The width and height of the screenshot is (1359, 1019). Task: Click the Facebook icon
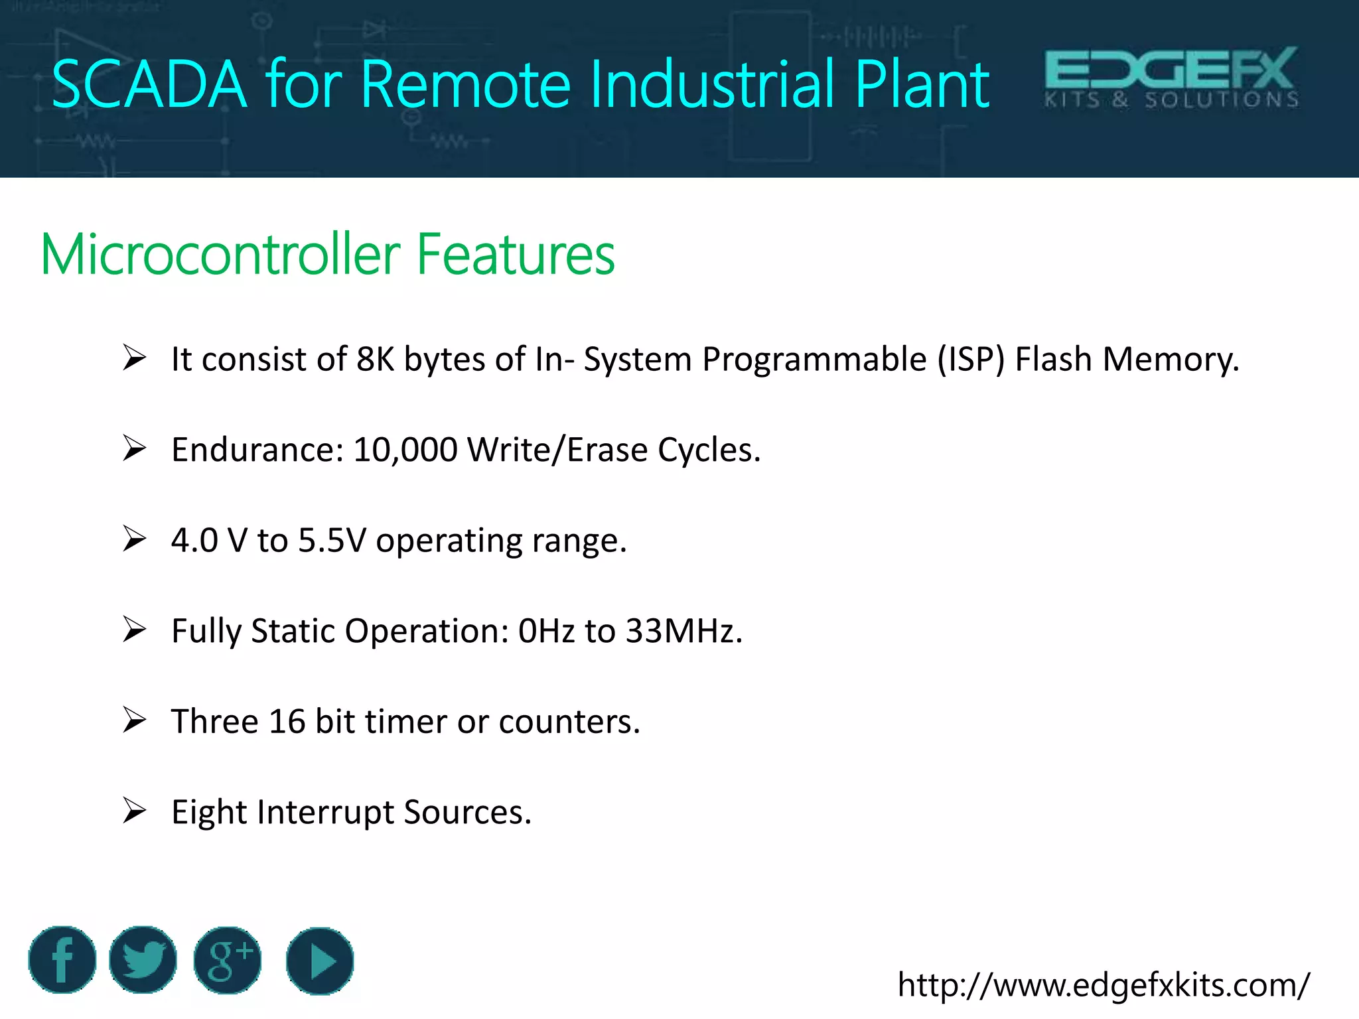(x=62, y=960)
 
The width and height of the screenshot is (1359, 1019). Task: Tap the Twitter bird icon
(x=143, y=960)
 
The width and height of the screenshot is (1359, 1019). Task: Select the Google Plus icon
(x=227, y=960)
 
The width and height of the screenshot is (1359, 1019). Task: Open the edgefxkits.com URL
(x=1103, y=985)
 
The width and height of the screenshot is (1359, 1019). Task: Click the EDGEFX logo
(x=1171, y=77)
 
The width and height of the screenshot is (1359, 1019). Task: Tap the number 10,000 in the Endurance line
(x=405, y=450)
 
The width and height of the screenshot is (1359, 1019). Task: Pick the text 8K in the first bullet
(x=375, y=360)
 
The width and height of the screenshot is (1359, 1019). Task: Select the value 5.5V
(x=332, y=541)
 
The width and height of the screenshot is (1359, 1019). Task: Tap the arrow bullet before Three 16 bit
(x=134, y=720)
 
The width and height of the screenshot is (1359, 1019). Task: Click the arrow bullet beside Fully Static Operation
(x=134, y=630)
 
